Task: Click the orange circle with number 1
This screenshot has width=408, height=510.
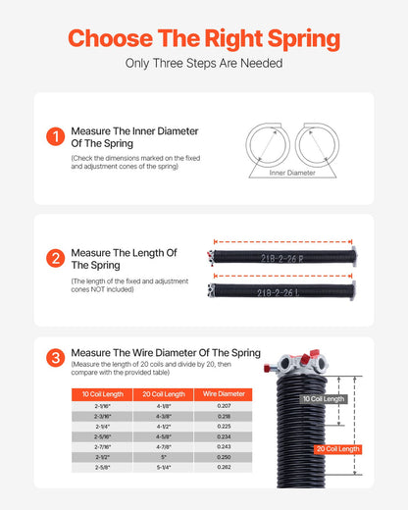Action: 56,137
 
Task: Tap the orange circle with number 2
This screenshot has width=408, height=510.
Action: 56,259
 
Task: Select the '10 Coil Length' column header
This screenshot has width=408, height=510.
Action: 96,393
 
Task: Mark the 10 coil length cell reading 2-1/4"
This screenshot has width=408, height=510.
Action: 96,427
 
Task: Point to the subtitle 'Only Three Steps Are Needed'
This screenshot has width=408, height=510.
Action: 204,64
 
